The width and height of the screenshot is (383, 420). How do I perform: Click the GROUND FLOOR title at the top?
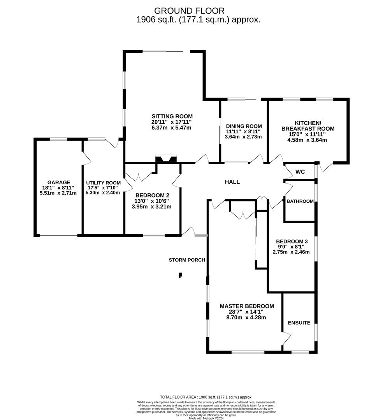click(190, 10)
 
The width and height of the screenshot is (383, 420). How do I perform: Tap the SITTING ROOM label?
click(172, 116)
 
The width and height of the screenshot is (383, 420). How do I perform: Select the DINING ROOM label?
click(244, 126)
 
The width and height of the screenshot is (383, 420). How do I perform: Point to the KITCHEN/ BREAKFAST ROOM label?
click(307, 126)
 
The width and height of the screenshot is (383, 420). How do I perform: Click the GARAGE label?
click(59, 182)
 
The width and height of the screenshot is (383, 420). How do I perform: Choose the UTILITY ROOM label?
click(103, 183)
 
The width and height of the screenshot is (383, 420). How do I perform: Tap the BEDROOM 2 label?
click(151, 196)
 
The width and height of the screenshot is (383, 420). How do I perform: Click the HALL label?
click(232, 182)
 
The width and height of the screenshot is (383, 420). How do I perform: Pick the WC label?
click(300, 172)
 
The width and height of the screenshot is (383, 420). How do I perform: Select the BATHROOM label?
click(300, 201)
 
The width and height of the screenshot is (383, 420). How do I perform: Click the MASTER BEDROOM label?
click(247, 306)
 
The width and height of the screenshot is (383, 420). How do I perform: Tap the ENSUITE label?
click(299, 323)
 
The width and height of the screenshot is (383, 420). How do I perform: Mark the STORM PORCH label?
click(187, 260)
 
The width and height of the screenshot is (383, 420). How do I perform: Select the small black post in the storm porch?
click(180, 275)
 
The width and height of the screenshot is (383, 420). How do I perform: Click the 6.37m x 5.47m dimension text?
click(172, 128)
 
